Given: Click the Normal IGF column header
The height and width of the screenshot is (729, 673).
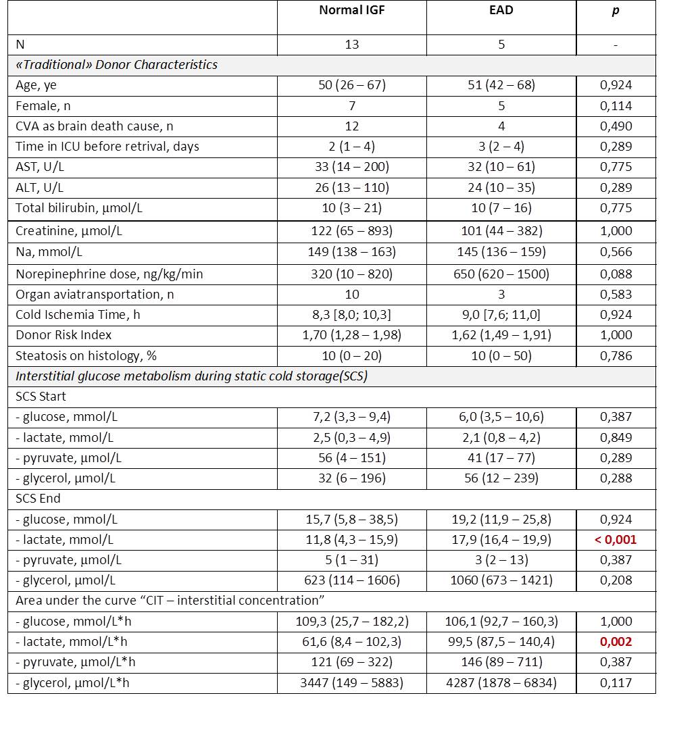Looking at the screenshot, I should point(351,11).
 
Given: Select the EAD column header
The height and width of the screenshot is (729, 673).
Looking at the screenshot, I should point(501,11).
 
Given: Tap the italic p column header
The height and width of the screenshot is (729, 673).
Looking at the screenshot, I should point(616,11).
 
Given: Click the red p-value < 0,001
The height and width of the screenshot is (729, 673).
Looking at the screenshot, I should point(616,539).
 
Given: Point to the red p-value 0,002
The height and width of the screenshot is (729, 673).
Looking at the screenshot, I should point(616,642).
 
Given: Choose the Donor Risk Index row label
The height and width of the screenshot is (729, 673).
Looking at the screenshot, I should point(64,334).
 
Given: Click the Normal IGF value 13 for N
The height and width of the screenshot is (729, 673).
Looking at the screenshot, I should point(351,45).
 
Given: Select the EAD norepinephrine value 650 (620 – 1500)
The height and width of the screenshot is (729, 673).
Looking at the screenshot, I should point(501,274).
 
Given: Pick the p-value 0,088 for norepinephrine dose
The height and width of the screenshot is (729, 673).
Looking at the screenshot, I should point(616,274).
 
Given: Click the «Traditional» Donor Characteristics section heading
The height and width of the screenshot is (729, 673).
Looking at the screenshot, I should point(116,65).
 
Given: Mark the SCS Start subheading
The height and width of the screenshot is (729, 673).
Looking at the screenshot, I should point(41,397).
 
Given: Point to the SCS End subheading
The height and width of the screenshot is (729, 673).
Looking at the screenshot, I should point(39,499).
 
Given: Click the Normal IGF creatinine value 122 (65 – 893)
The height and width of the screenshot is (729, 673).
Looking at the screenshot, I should point(351,231).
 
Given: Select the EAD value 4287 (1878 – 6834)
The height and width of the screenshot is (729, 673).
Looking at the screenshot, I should point(501,682).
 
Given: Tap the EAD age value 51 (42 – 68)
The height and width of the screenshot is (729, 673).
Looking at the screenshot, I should point(501,85).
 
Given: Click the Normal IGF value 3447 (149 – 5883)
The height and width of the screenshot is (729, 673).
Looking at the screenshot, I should point(351,682).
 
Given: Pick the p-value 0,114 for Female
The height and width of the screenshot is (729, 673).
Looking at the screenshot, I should point(616,105).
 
